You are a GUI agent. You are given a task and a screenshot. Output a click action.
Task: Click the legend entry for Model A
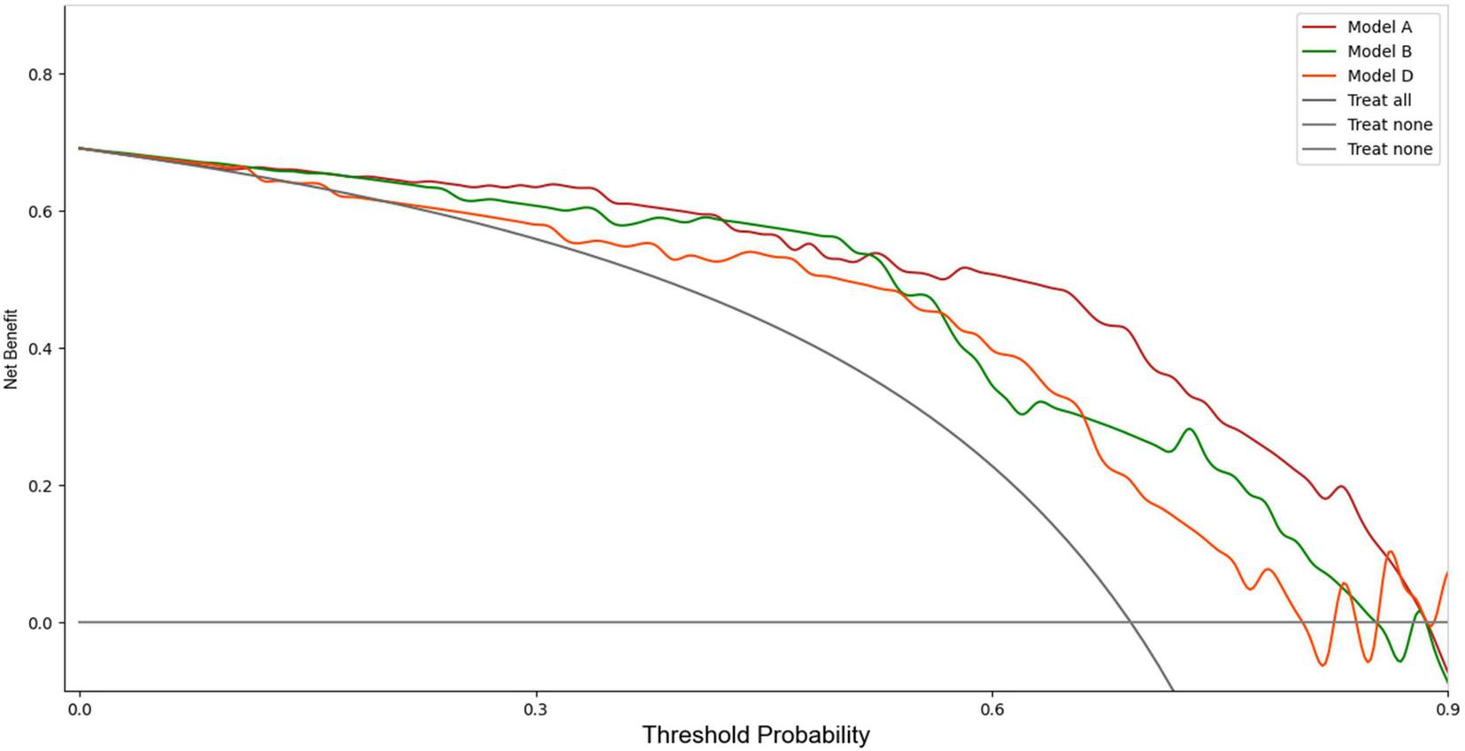point(1379,27)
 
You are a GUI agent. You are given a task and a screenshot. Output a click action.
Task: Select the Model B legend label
point(1379,51)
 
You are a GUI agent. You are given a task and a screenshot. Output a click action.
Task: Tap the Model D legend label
point(1380,76)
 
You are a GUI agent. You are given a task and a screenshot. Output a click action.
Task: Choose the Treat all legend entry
point(1379,100)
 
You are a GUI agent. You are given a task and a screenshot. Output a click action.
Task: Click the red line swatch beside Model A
point(1320,27)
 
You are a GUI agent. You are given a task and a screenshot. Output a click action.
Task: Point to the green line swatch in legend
point(1320,51)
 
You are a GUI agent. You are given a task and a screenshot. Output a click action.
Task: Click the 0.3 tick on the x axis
point(536,708)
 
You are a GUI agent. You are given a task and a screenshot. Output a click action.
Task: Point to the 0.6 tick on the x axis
point(991,708)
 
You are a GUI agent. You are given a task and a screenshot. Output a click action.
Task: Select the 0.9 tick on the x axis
point(1447,708)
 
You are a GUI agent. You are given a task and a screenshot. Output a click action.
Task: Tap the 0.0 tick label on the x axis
point(80,708)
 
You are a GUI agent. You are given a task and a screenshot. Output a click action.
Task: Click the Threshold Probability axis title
point(756,735)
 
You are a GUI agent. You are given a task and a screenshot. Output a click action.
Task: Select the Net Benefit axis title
point(11,349)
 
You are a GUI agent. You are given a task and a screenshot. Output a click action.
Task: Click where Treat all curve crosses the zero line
point(1131,623)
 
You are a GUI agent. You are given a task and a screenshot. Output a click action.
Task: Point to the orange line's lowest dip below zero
point(1322,664)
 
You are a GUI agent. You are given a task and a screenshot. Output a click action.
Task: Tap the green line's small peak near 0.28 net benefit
point(1189,430)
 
